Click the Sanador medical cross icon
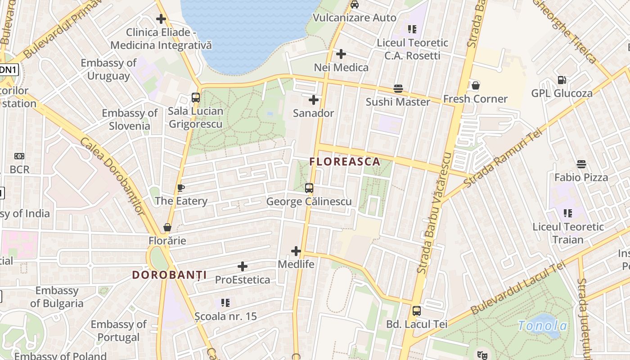(x=314, y=100)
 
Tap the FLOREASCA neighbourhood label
(x=345, y=162)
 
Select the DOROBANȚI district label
(x=169, y=274)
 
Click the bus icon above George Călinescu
(x=309, y=188)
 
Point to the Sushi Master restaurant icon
(x=398, y=89)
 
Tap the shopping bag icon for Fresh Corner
(x=475, y=85)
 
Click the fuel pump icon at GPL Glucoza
(x=562, y=80)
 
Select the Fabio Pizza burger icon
(x=581, y=164)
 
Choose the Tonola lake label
(x=542, y=325)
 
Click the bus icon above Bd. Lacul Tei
(x=417, y=311)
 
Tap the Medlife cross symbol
(x=296, y=251)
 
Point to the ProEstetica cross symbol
(x=243, y=266)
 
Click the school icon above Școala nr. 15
(x=225, y=303)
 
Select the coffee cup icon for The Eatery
(x=181, y=188)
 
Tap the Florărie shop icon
(x=167, y=227)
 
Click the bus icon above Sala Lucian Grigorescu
(x=196, y=98)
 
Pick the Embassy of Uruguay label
(x=108, y=69)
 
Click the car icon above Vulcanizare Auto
(x=355, y=5)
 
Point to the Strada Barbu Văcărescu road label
(x=434, y=212)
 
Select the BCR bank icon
(x=19, y=156)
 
